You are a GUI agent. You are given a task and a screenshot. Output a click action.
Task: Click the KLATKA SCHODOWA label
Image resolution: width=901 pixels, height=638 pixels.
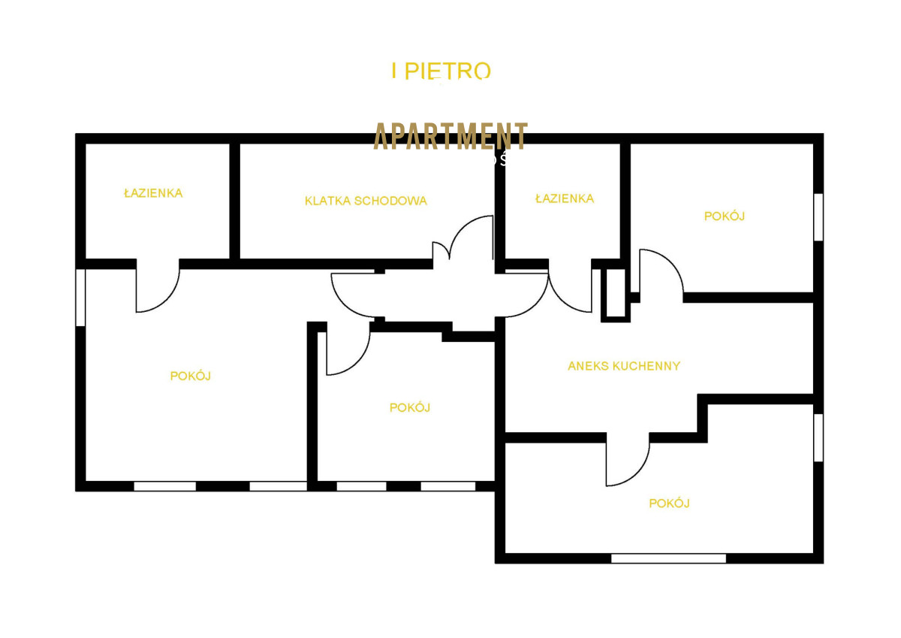(x=366, y=201)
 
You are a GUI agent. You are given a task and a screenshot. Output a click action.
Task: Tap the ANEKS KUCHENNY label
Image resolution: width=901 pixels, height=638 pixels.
(x=624, y=366)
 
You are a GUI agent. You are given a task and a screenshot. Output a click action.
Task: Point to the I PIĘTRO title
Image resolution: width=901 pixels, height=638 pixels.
(x=441, y=71)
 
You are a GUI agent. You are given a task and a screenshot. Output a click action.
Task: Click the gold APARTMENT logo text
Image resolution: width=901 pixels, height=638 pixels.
(x=450, y=136)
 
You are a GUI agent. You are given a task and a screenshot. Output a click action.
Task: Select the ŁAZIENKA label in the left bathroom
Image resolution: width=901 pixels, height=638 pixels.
(x=153, y=193)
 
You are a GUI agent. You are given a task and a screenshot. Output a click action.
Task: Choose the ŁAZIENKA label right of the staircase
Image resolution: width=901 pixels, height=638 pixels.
(x=565, y=198)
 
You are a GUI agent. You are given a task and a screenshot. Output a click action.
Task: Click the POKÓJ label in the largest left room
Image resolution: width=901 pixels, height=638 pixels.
(x=190, y=376)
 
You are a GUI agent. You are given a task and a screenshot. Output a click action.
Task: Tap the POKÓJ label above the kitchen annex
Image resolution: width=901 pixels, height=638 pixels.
(x=724, y=216)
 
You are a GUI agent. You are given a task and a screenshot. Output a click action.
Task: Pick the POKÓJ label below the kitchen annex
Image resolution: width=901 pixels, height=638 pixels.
(x=669, y=503)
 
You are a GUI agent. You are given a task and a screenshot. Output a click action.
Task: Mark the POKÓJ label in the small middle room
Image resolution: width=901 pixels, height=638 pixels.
(x=409, y=407)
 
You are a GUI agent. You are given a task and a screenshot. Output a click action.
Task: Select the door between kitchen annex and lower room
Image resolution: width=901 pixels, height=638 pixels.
(x=627, y=460)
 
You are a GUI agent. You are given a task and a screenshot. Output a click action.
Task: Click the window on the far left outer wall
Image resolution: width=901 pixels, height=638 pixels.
(x=81, y=298)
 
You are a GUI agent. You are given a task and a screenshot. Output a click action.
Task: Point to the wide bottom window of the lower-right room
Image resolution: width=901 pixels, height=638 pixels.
(x=668, y=558)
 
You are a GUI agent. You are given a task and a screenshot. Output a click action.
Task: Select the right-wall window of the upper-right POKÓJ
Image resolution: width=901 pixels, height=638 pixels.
(x=818, y=217)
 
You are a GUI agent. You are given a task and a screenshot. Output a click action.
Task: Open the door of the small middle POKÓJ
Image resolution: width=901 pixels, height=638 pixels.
(x=347, y=352)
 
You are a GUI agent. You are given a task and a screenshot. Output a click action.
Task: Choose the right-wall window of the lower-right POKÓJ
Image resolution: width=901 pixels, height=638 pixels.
(x=818, y=437)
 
